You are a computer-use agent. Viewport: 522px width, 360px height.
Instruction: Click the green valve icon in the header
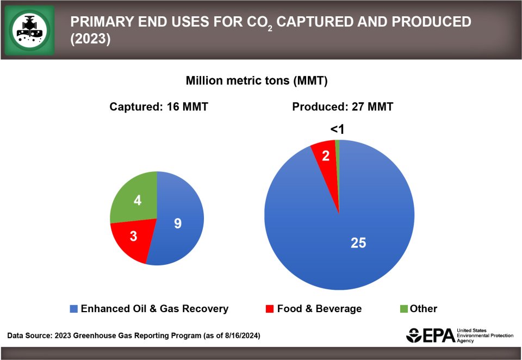30,30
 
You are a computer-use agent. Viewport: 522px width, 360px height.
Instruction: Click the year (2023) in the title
90,40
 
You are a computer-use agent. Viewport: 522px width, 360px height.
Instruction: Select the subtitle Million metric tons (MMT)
256,81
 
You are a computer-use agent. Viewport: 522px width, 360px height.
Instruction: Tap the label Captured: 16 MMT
159,107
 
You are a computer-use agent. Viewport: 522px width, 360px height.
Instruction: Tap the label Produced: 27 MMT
343,107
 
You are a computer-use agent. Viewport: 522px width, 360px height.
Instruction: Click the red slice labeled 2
326,158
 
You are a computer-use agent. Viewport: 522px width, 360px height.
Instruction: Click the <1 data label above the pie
338,129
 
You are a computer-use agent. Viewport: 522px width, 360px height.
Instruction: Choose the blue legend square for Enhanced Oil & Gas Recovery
74,309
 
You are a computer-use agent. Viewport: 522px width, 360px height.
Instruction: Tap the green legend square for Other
403,309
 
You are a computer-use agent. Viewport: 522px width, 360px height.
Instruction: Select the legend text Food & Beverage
319,309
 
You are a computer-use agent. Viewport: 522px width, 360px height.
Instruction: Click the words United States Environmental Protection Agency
484,336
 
